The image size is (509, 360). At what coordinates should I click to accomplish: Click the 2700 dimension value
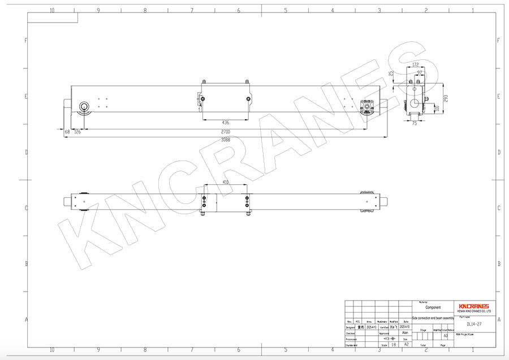pyautogui.click(x=226, y=132)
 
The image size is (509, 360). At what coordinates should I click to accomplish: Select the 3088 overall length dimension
pyautogui.click(x=226, y=140)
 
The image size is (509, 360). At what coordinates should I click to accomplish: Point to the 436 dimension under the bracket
pyautogui.click(x=226, y=122)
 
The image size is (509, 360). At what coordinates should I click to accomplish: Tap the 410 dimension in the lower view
pyautogui.click(x=226, y=183)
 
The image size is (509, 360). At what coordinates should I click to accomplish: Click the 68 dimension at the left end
pyautogui.click(x=67, y=132)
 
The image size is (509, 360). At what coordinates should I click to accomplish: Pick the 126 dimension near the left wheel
pyautogui.click(x=77, y=132)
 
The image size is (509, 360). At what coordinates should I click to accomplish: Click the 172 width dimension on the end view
pyautogui.click(x=416, y=65)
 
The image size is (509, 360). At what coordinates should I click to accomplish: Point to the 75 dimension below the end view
pyautogui.click(x=414, y=123)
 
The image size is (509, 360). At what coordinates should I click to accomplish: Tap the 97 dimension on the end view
pyautogui.click(x=419, y=73)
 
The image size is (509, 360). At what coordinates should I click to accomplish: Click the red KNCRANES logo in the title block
pyautogui.click(x=475, y=305)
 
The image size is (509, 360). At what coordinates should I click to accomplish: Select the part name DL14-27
pyautogui.click(x=474, y=324)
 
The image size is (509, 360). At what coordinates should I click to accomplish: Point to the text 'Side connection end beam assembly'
pyautogui.click(x=433, y=319)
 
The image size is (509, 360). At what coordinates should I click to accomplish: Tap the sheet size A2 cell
pyautogui.click(x=406, y=344)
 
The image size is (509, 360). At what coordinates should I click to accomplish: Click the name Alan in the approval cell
pyautogui.click(x=405, y=333)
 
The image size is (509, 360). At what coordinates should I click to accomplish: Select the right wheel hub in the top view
pyautogui.click(x=368, y=106)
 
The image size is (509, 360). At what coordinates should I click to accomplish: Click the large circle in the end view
pyautogui.click(x=417, y=104)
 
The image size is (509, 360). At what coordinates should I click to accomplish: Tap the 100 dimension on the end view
pyautogui.click(x=437, y=107)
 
